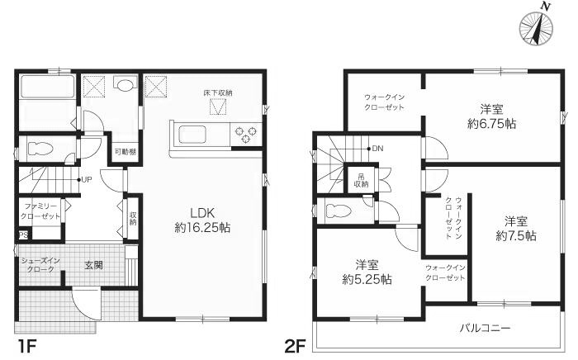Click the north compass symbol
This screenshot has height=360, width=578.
click(x=537, y=27)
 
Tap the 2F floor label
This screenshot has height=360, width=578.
click(x=295, y=343)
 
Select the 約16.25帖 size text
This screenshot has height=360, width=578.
click(x=201, y=226)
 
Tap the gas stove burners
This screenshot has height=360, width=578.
click(x=247, y=133)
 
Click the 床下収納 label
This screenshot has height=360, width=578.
click(x=218, y=92)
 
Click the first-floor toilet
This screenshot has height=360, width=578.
click(x=43, y=149)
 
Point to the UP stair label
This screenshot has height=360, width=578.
click(x=85, y=179)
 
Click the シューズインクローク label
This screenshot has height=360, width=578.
click(x=40, y=265)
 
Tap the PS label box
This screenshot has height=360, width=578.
click(x=21, y=234)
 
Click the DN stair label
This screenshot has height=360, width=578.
click(x=377, y=149)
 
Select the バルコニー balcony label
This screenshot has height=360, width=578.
click(x=485, y=328)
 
